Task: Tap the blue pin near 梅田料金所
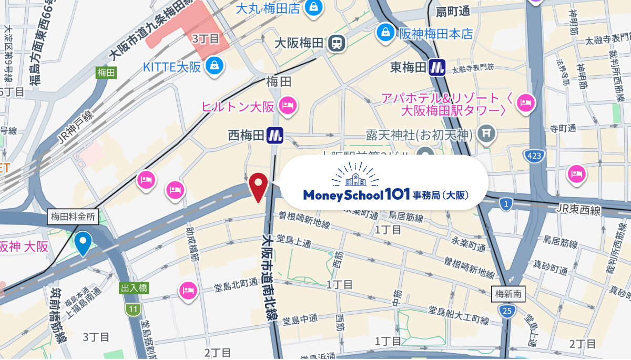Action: (83, 242)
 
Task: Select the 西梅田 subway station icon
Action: (274, 136)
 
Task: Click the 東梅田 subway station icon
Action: (437, 67)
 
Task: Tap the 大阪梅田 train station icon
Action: (335, 43)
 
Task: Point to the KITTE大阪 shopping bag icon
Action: (215, 66)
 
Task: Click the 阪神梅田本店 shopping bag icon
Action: (385, 32)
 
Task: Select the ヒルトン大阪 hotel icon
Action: (288, 106)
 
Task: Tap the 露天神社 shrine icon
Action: (487, 134)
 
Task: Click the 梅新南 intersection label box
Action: (508, 294)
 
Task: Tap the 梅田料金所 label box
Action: (73, 216)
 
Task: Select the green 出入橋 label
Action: (135, 288)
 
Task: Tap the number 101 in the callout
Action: (397, 195)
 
